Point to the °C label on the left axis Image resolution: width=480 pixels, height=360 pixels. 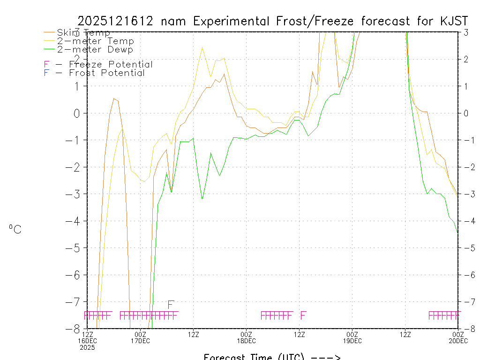(x=15, y=229)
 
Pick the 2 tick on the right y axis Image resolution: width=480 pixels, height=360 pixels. (x=466, y=59)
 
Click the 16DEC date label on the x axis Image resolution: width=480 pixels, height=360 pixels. (x=87, y=340)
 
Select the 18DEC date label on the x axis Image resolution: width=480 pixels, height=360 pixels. (x=246, y=340)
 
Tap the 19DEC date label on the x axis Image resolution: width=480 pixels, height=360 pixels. (x=352, y=340)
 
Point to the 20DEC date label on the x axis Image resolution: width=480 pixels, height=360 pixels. (x=457, y=340)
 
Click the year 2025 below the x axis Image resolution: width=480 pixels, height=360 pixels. (x=87, y=347)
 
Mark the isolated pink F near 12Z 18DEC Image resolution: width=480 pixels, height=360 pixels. (x=303, y=315)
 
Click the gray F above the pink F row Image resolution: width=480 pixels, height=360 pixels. (x=171, y=305)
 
